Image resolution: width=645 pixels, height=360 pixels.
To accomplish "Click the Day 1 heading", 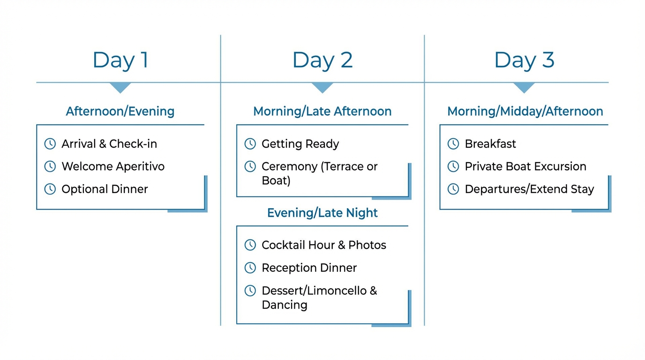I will pyautogui.click(x=120, y=60).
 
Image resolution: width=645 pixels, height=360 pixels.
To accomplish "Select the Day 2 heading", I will pyautogui.click(x=322, y=60).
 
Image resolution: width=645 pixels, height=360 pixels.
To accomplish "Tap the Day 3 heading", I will pyautogui.click(x=524, y=60).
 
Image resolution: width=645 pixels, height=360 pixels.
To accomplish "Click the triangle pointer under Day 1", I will pyautogui.click(x=120, y=87).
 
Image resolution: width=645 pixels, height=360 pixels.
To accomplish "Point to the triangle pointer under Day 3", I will pyautogui.click(x=524, y=87).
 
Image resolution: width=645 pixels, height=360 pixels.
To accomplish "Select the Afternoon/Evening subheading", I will pyautogui.click(x=120, y=112).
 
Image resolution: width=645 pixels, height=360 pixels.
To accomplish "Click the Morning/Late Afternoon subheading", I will pyautogui.click(x=322, y=112).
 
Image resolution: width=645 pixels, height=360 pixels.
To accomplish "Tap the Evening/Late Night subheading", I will pyautogui.click(x=322, y=213).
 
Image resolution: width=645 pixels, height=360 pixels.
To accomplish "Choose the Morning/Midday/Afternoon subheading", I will pyautogui.click(x=525, y=112).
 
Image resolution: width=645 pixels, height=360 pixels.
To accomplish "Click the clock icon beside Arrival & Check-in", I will pyautogui.click(x=50, y=144).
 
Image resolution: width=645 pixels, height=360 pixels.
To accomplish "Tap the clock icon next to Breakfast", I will pyautogui.click(x=453, y=144).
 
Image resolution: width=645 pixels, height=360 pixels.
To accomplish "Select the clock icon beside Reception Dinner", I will pyautogui.click(x=250, y=268).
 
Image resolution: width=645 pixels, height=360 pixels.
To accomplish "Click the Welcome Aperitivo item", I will pyautogui.click(x=113, y=166).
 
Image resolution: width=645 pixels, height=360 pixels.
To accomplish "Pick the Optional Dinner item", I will pyautogui.click(x=105, y=189).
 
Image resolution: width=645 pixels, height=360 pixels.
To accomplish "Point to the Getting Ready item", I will pyautogui.click(x=300, y=144).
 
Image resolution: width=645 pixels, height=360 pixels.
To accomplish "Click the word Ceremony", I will pyautogui.click(x=289, y=166).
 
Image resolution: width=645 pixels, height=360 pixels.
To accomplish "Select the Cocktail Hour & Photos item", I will pyautogui.click(x=323, y=245).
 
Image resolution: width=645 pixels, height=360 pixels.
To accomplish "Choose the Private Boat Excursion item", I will pyautogui.click(x=525, y=166).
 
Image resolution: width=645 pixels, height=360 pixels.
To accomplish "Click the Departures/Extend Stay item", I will pyautogui.click(x=529, y=189).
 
